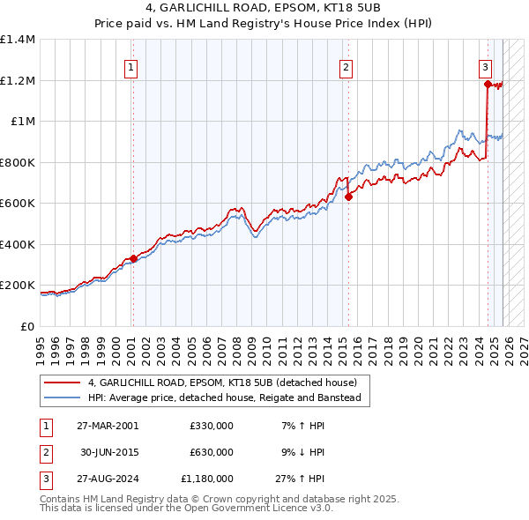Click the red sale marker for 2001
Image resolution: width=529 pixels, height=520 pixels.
point(133,258)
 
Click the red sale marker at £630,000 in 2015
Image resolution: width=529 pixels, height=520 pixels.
point(348,197)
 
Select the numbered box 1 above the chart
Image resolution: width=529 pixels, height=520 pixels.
point(130,66)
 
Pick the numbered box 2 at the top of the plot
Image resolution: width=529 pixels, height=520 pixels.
point(346,66)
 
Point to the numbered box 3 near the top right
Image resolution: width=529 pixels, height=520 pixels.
point(485,66)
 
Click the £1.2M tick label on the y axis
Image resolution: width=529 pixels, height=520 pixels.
point(18,80)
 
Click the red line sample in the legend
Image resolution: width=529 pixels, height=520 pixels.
point(62,383)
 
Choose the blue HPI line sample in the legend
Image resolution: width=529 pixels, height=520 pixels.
point(62,397)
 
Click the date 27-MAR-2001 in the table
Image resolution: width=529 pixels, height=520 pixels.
point(108,426)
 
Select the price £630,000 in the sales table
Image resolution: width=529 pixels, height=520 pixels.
point(211,452)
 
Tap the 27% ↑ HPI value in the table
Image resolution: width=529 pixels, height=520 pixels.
point(300,479)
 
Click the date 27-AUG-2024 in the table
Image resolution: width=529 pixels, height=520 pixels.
point(108,479)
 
